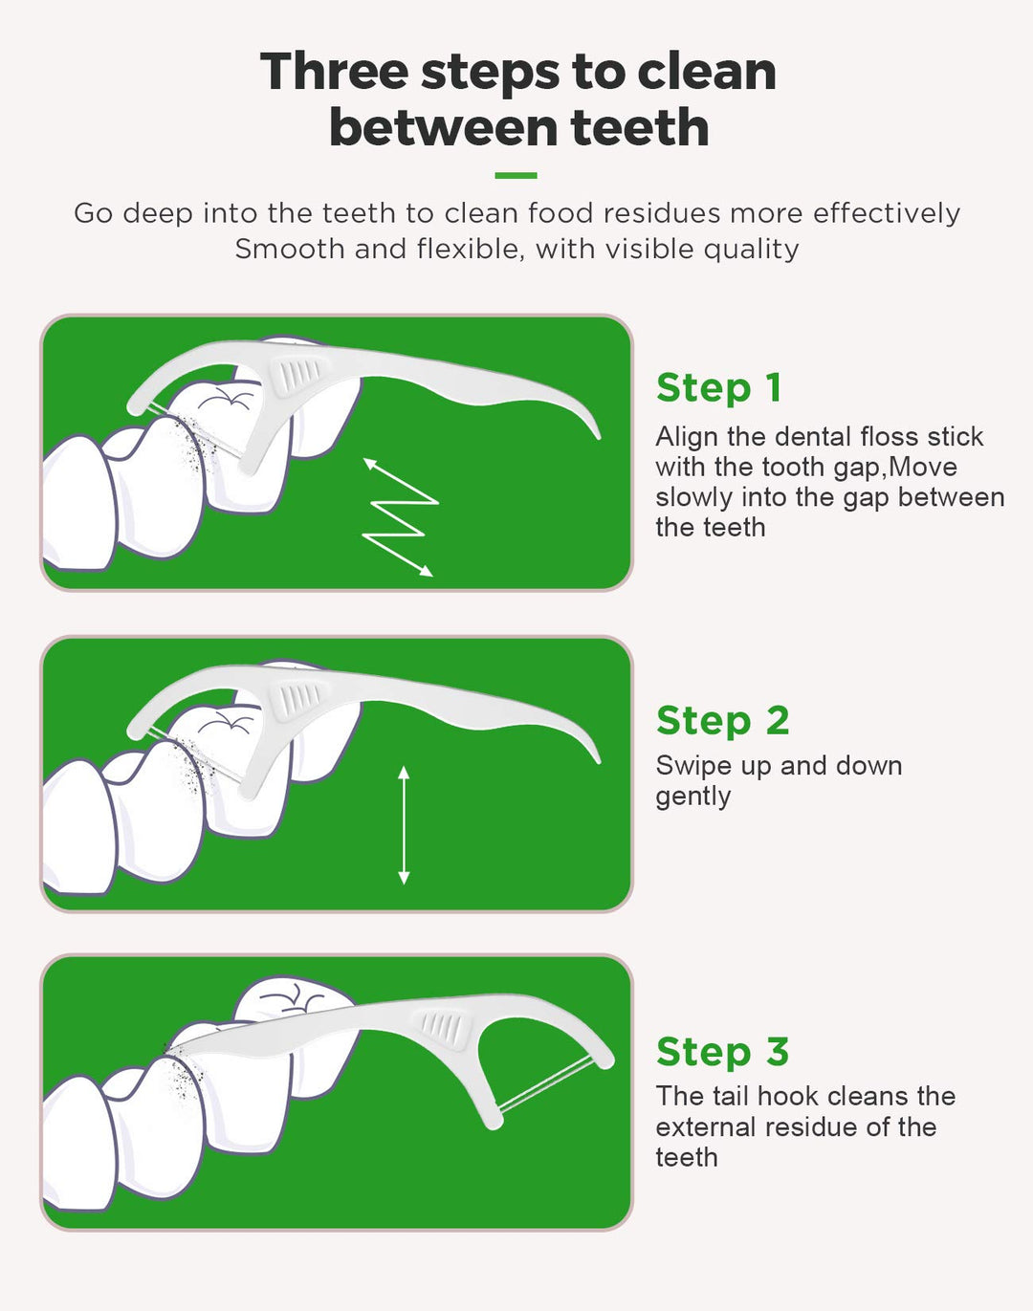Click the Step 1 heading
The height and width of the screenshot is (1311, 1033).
point(718,387)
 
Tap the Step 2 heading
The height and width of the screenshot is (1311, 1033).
point(723,720)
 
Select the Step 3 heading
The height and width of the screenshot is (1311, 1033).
point(723,1052)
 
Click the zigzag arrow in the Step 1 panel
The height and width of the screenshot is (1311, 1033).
point(401,517)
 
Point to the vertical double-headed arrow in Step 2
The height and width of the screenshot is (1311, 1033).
point(404,825)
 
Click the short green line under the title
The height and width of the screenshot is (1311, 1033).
point(516,175)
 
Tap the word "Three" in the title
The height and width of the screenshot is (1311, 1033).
point(334,72)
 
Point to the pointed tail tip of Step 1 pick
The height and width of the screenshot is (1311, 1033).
point(599,436)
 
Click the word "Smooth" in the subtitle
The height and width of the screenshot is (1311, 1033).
point(290,250)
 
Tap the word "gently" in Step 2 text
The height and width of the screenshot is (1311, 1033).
point(692,798)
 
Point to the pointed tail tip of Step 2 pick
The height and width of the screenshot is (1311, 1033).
point(599,760)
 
